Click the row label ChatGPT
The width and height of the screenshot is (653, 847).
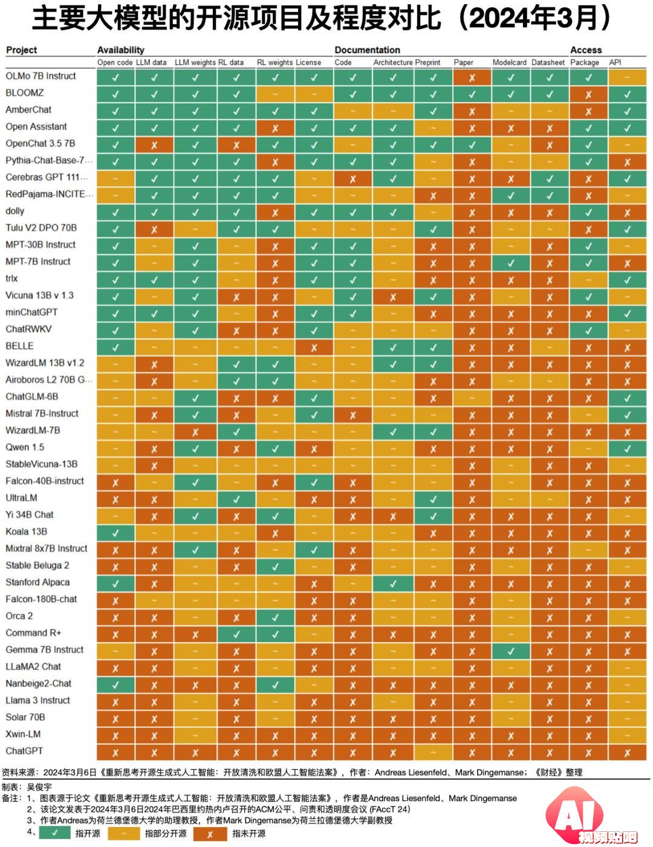point(24,750)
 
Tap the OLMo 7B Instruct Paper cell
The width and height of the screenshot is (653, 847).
point(472,77)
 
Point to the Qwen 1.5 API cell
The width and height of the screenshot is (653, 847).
point(628,449)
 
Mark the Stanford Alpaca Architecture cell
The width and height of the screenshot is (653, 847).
point(393,583)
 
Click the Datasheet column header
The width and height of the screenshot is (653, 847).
point(548,62)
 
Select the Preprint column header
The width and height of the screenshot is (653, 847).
point(428,62)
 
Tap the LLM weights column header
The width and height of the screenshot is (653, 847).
point(195,62)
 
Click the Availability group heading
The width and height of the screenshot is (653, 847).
point(121,50)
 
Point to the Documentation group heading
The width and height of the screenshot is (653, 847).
point(367,50)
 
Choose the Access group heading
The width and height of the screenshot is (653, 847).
point(586,50)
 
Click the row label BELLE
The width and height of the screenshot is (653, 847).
point(19,346)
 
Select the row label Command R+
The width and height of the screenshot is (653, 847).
point(33,632)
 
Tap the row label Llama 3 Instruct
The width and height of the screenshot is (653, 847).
point(37,700)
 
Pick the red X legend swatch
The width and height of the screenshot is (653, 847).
point(210,833)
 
